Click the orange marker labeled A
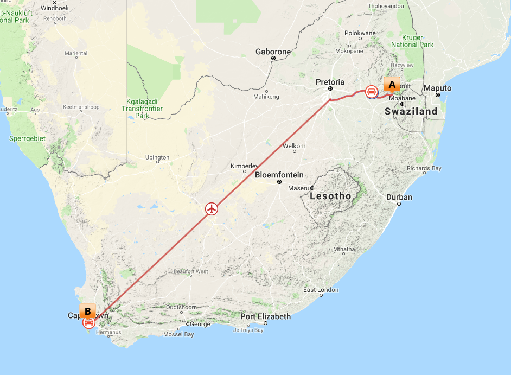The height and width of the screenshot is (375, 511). pos(392,85)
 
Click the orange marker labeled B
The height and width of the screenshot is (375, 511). pos(87,312)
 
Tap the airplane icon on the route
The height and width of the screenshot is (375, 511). pos(212,208)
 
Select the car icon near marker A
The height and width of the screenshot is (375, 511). pos(372,92)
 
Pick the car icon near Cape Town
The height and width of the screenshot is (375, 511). pos(88,323)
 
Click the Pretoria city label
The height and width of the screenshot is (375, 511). pos(330,82)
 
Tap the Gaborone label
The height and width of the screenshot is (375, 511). pos(273,52)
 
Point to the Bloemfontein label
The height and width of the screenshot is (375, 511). pos(279,175)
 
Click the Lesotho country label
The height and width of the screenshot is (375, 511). pos(330,196)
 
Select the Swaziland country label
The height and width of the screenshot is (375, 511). pos(411,111)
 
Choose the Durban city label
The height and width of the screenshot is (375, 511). pos(399,197)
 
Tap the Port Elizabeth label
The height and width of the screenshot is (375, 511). pos(266,316)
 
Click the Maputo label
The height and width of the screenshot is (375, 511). pos(437,88)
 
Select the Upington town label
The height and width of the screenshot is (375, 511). pos(157,158)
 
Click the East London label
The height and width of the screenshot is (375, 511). pos(321,290)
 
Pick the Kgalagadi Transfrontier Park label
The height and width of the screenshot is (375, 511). pos(142,109)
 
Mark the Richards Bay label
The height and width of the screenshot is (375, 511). pos(424,169)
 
